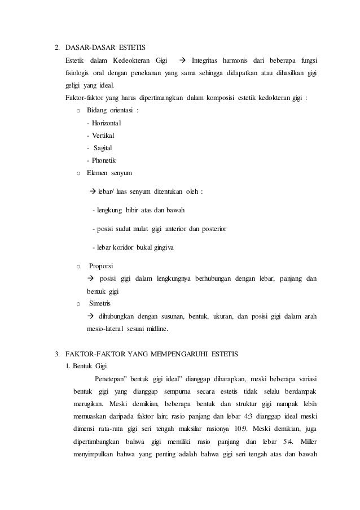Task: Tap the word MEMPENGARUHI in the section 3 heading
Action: (x=180, y=354)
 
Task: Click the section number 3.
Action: (x=56, y=354)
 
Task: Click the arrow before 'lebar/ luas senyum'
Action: (x=94, y=191)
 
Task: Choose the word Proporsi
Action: (x=101, y=265)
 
